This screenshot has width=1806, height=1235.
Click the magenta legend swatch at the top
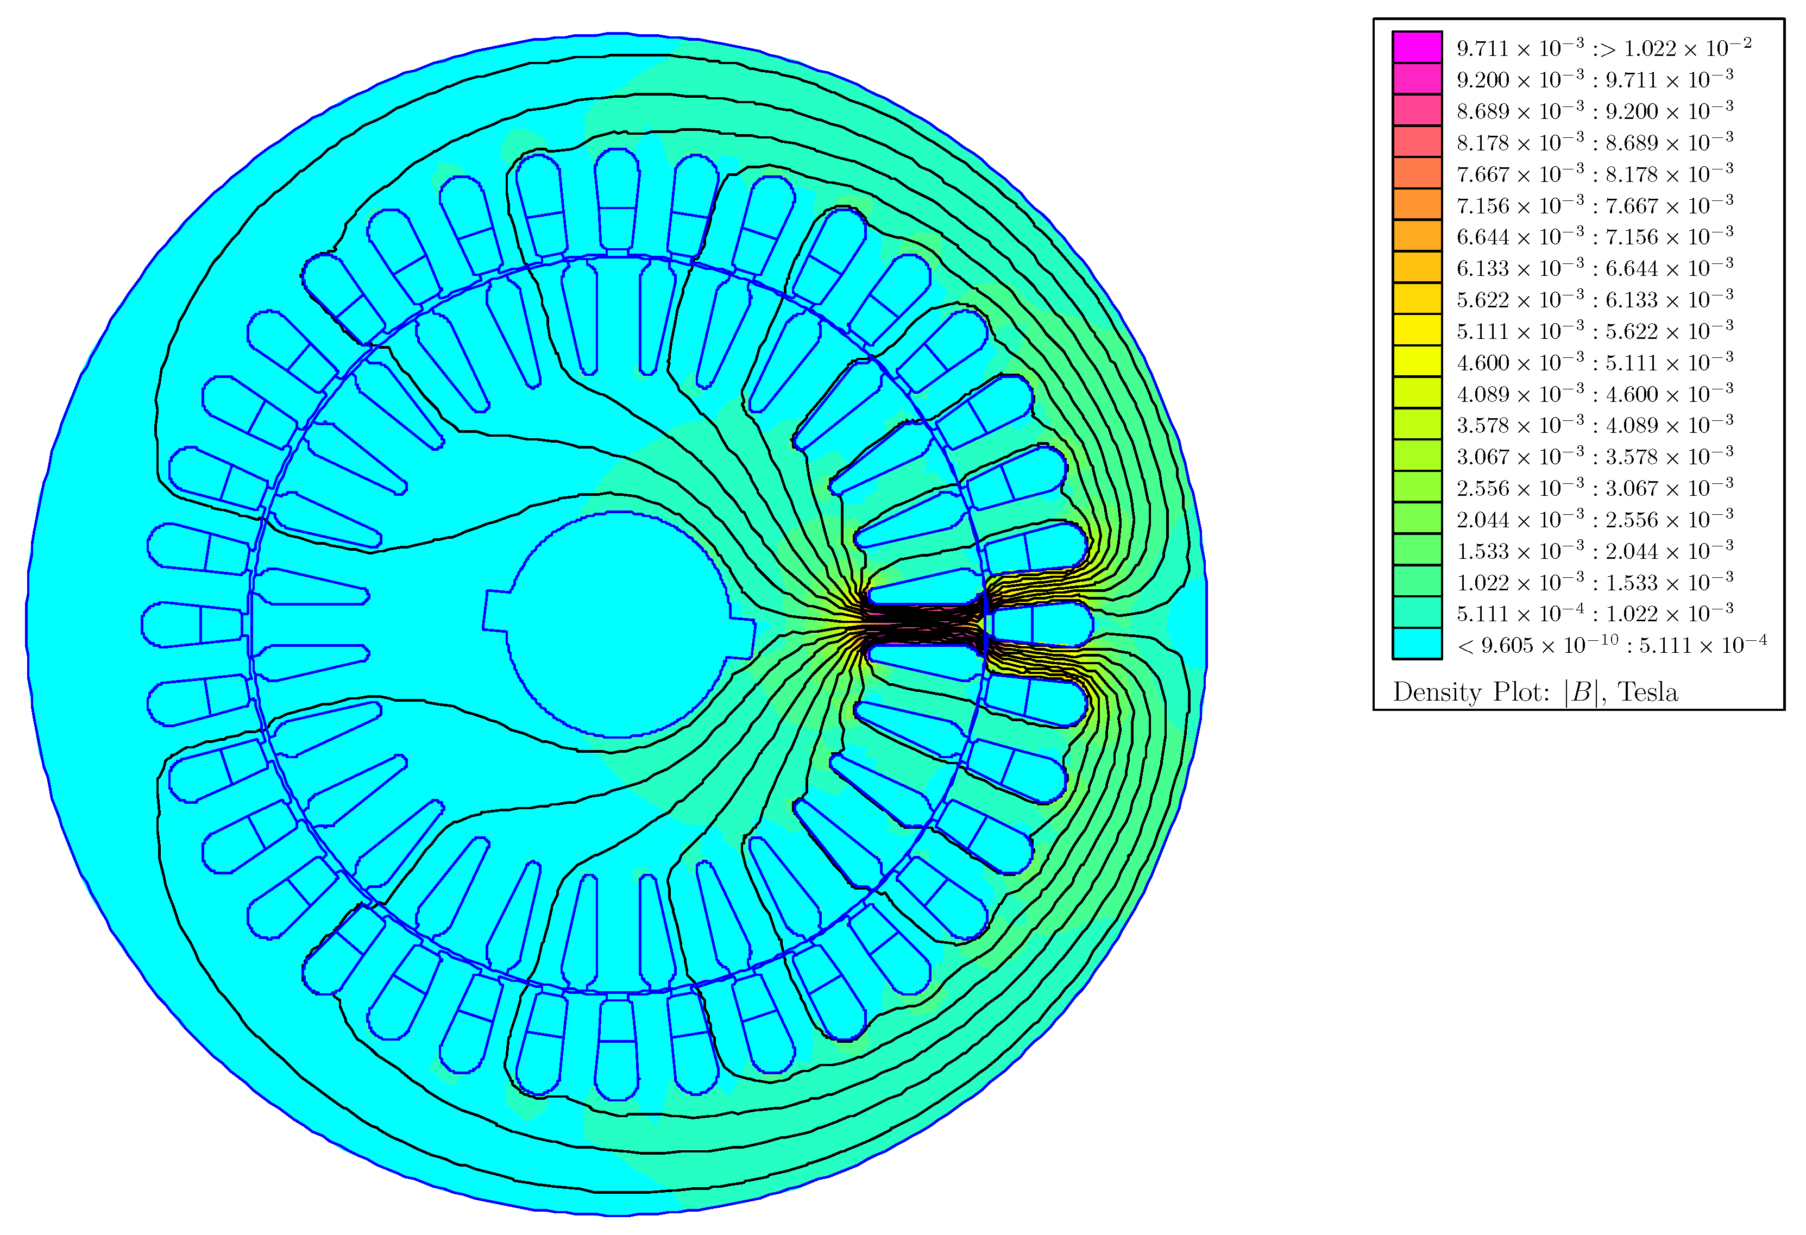1417,47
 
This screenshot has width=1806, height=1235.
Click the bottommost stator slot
618,1049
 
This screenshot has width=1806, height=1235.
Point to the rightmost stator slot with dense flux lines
1041,624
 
